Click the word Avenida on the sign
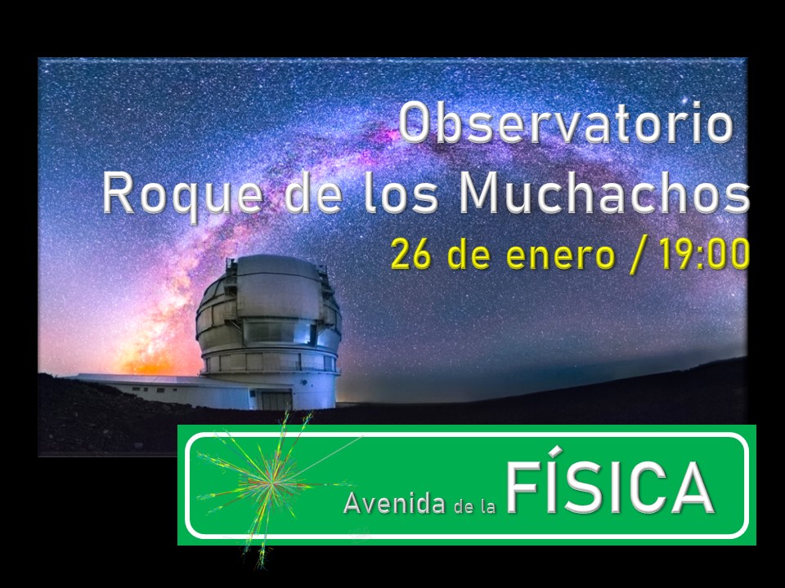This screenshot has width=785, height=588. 394,503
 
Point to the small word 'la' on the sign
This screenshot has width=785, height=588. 488,506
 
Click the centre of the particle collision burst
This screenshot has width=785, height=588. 268,481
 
